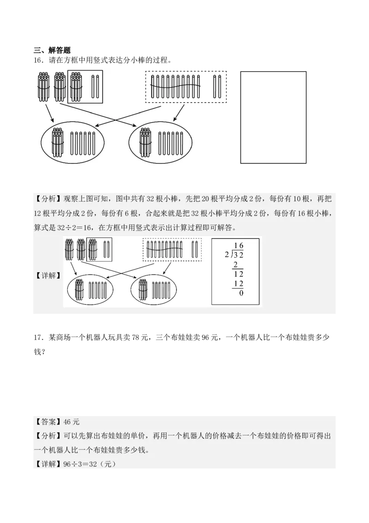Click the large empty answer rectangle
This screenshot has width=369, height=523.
coord(274,117)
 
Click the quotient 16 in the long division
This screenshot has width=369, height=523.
coord(238,245)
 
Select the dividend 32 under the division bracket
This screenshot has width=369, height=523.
coord(238,255)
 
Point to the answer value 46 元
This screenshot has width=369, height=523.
coord(72,422)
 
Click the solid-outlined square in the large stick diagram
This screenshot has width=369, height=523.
coord(85,86)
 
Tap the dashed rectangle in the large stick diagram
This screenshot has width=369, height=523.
coord(186,86)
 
